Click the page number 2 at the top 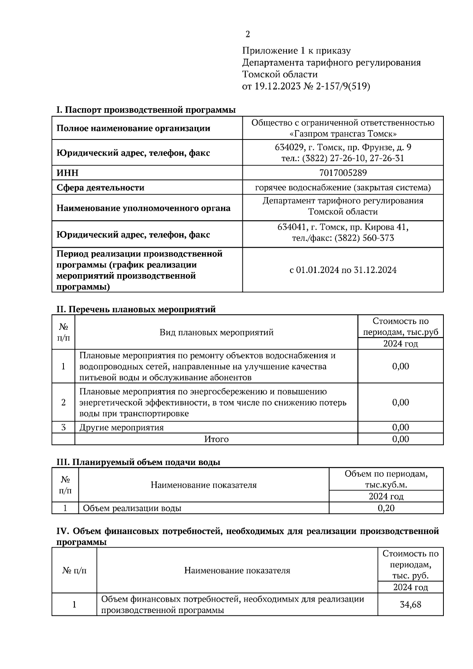(x=248, y=35)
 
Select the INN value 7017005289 (x=343, y=173)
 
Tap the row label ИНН (x=67, y=173)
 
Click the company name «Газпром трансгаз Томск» (x=343, y=134)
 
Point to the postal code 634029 (x=289, y=147)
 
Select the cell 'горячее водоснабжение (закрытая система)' (x=343, y=188)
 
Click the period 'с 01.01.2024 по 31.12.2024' (x=343, y=270)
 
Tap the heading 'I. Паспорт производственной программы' (x=146, y=110)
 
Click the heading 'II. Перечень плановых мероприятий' (x=136, y=309)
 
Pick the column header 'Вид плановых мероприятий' (x=216, y=333)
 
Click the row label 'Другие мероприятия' (x=121, y=427)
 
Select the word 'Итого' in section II (x=216, y=439)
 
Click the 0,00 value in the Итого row (x=400, y=439)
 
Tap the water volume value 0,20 (x=386, y=508)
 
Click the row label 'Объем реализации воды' (x=132, y=508)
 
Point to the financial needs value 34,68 (x=410, y=604)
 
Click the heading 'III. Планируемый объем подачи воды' (x=138, y=462)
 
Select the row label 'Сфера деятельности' (x=101, y=188)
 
